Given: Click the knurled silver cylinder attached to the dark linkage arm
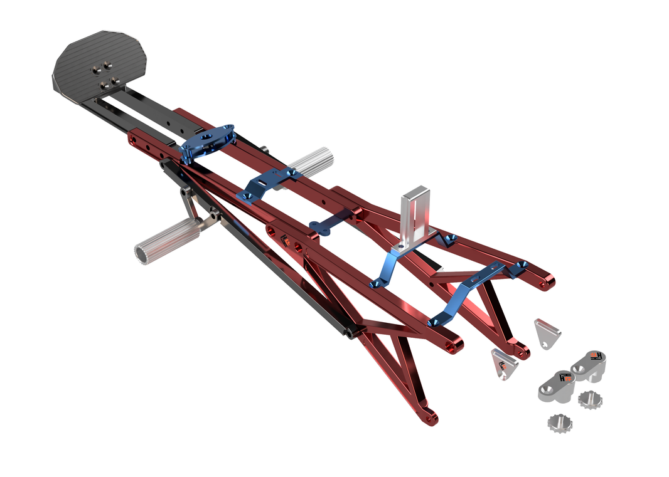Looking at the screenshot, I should [x=165, y=242].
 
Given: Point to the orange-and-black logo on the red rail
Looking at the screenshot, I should [x=284, y=240].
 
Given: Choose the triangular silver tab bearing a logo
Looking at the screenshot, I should [x=503, y=364].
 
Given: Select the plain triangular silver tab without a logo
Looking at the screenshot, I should [x=547, y=332].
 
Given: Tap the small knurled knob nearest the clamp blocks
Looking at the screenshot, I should [x=589, y=399].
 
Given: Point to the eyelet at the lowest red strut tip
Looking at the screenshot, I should [x=430, y=416].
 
